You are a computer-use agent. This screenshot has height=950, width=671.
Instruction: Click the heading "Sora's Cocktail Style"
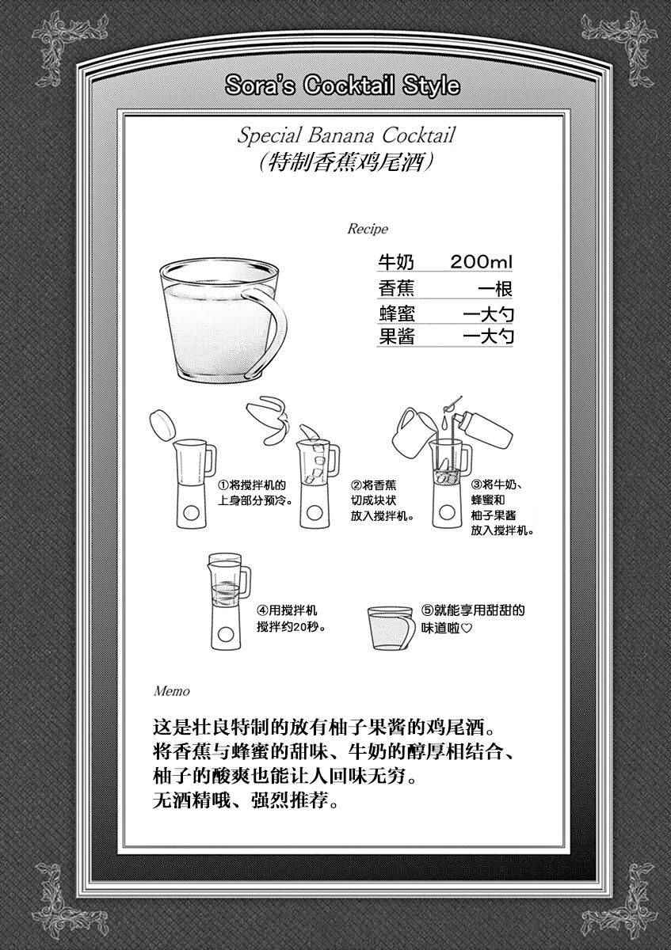pos(342,86)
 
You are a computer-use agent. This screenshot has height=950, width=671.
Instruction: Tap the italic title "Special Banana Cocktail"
pos(346,135)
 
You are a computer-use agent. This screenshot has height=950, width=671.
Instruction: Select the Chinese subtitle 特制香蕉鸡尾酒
pos(347,162)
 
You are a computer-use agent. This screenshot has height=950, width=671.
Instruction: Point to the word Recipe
pos(368,229)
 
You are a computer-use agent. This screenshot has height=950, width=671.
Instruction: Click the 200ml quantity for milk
pos(482,262)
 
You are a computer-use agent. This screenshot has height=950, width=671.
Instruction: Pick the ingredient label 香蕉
pos(396,289)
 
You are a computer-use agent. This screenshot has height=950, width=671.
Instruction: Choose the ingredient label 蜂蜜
pos(396,314)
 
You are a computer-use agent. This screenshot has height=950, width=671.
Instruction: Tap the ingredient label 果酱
pos(396,336)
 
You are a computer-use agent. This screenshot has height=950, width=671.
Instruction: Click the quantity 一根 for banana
pos(496,289)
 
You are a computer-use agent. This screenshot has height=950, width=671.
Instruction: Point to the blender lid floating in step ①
pos(162,425)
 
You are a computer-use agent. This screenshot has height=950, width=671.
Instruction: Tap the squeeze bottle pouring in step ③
pos(484,430)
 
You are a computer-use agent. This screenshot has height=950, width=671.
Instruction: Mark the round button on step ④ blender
pos(225,634)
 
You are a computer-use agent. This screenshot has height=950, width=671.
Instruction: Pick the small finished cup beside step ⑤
pos(391,628)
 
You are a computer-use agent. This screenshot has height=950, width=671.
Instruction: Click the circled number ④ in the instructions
pos(262,610)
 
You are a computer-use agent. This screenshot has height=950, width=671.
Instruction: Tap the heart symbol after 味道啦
pos(466,628)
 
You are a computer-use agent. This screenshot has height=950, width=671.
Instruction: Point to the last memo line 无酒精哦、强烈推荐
pos(246,801)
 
